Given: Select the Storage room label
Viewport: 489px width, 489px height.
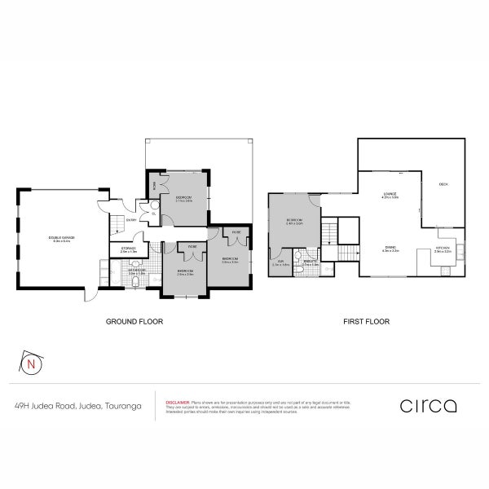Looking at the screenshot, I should tap(128, 250).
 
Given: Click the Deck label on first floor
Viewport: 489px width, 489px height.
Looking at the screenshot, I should tap(444, 185).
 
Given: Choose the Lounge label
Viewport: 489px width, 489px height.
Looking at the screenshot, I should tap(390, 195).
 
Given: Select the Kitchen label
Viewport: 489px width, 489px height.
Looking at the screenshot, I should tap(443, 250).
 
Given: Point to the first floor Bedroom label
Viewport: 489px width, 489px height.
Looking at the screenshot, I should tap(295, 221).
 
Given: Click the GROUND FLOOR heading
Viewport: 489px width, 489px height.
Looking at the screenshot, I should tap(135, 322).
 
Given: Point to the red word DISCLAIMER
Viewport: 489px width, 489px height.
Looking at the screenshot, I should tap(177, 402).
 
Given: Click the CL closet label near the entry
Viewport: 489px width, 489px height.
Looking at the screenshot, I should tap(153, 214).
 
